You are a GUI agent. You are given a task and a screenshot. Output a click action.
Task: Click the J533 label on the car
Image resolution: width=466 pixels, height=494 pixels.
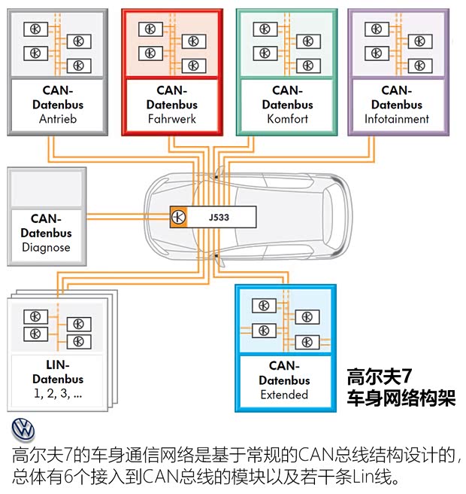(219, 216)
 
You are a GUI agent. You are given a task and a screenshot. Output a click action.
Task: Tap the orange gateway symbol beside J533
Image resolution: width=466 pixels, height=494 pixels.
(178, 216)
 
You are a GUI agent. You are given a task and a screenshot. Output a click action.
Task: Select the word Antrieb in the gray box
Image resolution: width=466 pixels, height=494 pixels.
(58, 119)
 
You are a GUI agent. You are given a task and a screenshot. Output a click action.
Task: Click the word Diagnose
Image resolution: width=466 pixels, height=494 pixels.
(46, 247)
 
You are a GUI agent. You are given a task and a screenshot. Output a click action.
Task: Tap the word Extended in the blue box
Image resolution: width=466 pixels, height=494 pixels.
(284, 395)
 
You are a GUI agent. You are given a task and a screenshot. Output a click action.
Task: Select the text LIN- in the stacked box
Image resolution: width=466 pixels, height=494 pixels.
(58, 365)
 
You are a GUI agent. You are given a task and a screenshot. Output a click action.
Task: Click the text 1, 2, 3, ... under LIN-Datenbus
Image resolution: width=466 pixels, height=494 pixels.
(58, 393)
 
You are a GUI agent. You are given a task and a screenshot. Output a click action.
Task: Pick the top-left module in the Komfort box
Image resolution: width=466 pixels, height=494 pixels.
(262, 29)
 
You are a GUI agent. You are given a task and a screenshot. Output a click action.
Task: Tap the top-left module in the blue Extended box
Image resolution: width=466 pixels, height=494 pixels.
(262, 305)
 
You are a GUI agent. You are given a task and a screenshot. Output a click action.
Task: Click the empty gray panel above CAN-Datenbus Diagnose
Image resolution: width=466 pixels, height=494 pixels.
(46, 188)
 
